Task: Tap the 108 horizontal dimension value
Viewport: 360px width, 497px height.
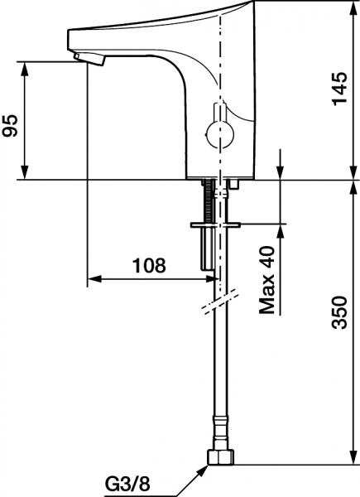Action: coord(149,266)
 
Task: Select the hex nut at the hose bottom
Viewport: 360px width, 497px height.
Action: coord(220,456)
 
